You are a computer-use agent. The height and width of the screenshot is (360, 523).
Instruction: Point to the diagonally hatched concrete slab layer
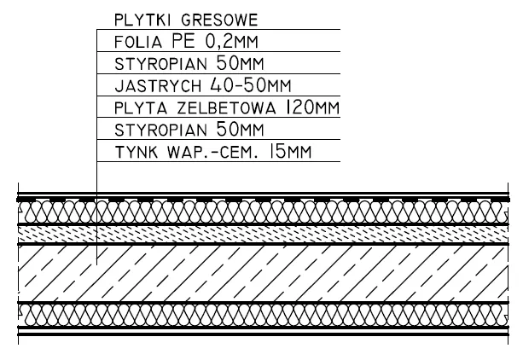pos(256,272)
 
